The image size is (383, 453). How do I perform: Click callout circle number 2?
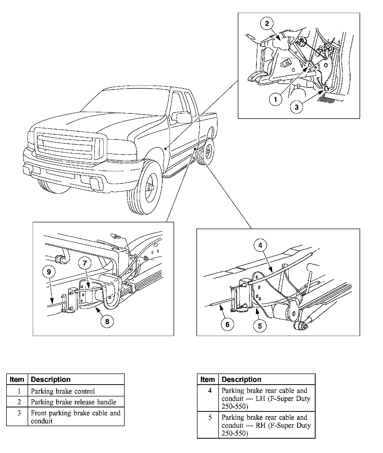(267, 23)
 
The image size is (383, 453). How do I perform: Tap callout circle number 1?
(276, 99)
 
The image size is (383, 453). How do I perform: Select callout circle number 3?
(297, 107)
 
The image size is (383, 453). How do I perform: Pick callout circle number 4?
(260, 245)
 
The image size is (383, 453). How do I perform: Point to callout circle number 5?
(260, 326)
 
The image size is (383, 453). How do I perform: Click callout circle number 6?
(227, 325)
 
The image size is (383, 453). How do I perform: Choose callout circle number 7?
(85, 263)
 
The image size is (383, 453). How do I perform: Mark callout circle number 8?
(107, 322)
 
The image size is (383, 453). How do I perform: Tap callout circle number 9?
(49, 272)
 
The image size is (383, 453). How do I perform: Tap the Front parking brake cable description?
(76, 417)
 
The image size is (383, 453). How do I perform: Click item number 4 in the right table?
(210, 391)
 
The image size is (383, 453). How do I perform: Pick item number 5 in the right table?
(210, 417)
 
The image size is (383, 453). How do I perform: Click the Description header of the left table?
(51, 379)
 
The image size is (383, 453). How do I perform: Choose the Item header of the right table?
(208, 379)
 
